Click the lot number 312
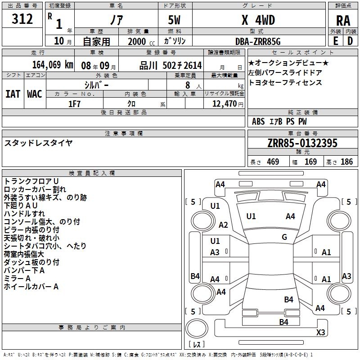(x=22, y=18)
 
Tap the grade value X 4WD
(x=258, y=20)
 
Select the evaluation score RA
(x=343, y=21)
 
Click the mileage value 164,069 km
(x=53, y=65)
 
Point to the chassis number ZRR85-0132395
(x=302, y=143)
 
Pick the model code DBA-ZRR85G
(x=258, y=41)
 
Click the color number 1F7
(x=74, y=104)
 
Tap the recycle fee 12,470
(x=224, y=104)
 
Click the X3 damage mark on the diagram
(x=320, y=332)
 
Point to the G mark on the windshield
(x=284, y=237)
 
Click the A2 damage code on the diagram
(x=223, y=225)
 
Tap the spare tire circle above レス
(x=197, y=328)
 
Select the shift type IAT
(x=13, y=94)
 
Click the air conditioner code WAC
(x=35, y=94)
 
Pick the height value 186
(x=346, y=162)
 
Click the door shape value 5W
(x=174, y=20)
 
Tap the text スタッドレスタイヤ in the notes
(x=38, y=143)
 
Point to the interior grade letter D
(x=350, y=41)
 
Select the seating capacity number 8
(x=188, y=85)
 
